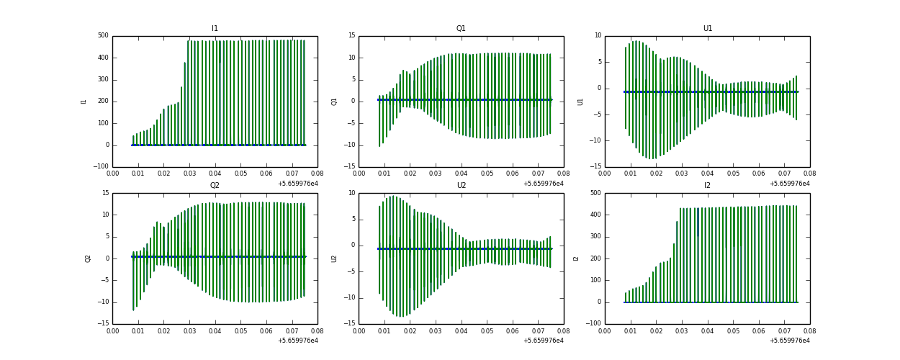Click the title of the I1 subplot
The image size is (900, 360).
tap(215, 29)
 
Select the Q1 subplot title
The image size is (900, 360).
tap(461, 29)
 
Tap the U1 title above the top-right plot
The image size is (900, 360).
tap(708, 29)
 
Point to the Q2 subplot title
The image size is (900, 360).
tap(215, 186)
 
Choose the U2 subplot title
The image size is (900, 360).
tap(461, 186)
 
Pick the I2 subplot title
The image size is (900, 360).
tap(708, 186)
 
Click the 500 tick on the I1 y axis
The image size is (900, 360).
tap(103, 36)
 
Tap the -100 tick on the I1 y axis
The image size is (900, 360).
tap(102, 167)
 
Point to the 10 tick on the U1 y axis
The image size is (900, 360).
tap(597, 36)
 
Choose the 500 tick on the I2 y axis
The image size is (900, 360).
tap(595, 193)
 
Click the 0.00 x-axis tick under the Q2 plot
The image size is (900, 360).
tap(113, 331)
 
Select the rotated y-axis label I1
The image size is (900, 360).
tap(84, 102)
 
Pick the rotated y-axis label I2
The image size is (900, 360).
tap(577, 258)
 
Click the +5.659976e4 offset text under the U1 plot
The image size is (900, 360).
tap(789, 184)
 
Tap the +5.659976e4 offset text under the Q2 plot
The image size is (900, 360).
tap(298, 341)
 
